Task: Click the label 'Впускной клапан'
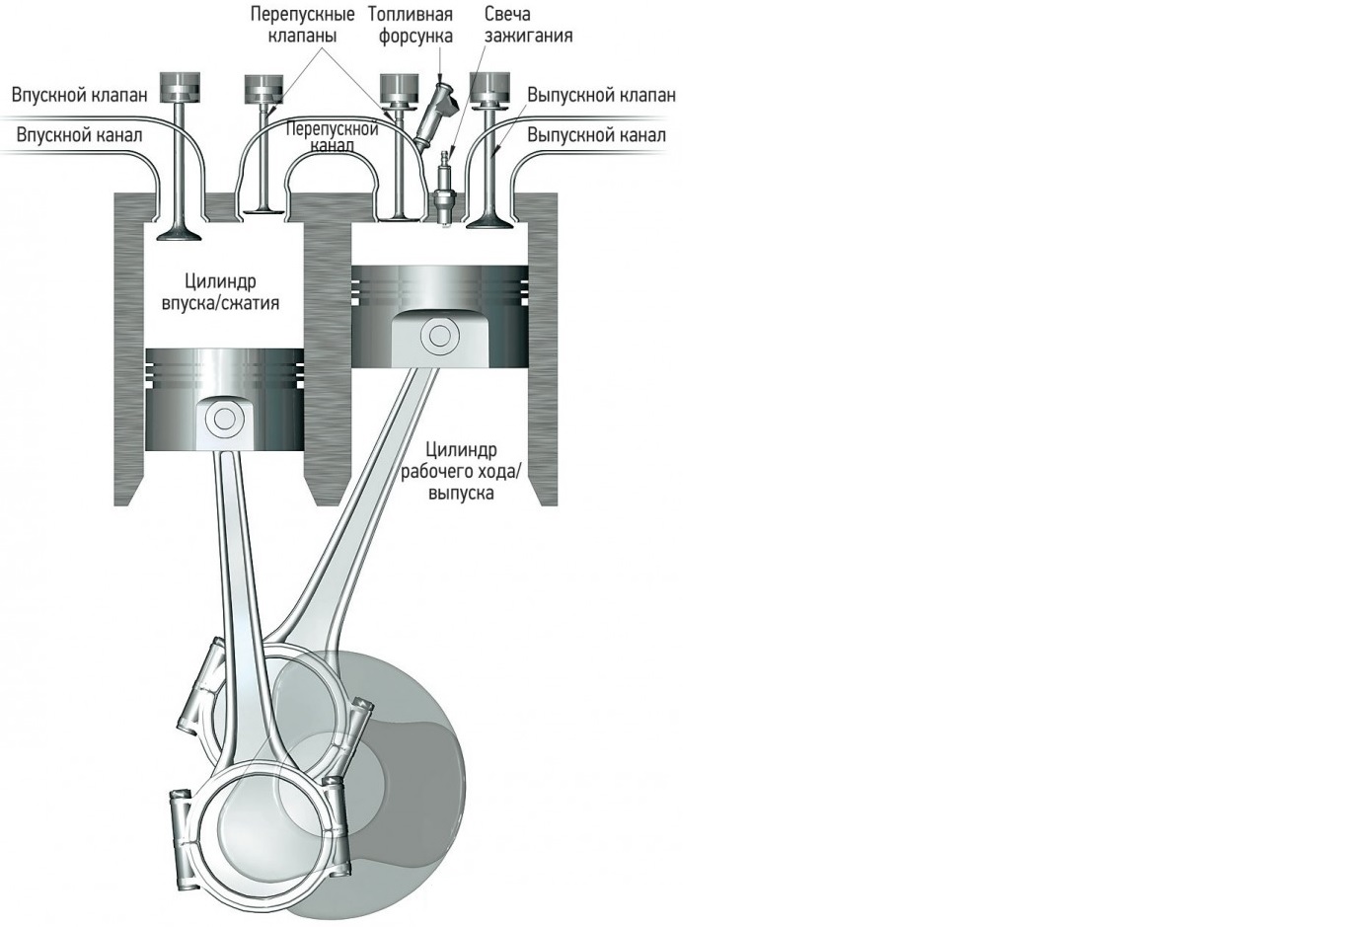(79, 95)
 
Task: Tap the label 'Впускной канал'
(79, 134)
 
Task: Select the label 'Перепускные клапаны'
(302, 25)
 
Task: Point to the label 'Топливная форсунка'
(410, 25)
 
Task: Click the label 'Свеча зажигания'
(528, 25)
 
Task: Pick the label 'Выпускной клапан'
(601, 96)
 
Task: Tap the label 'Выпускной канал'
(596, 134)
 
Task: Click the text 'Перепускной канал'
(332, 137)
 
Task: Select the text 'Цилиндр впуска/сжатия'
(220, 292)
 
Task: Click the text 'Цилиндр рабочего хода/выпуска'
(461, 471)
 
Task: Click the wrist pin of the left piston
(223, 419)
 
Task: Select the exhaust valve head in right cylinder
(486, 222)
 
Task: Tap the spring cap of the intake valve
(180, 85)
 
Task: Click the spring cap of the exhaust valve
(488, 85)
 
